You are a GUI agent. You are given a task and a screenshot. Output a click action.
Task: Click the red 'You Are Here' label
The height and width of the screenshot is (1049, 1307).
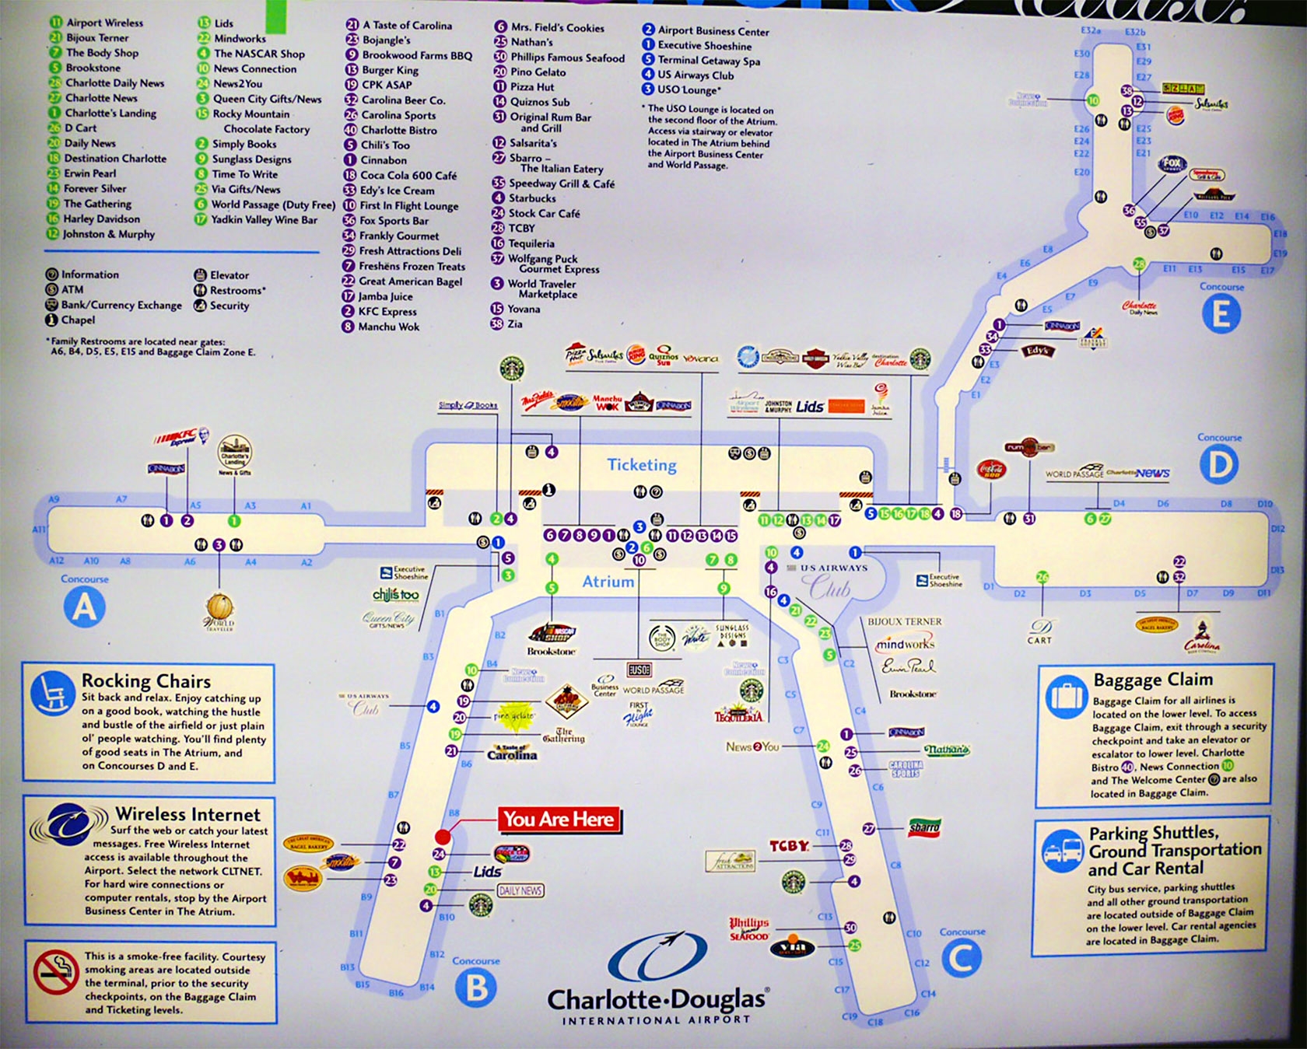click(559, 820)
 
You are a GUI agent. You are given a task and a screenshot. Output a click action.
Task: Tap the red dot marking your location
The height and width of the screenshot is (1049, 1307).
click(443, 837)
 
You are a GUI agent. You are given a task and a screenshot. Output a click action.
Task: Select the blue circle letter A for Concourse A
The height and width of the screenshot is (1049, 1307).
click(84, 606)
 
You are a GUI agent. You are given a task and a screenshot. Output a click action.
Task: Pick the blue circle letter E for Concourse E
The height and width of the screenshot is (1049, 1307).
click(1221, 314)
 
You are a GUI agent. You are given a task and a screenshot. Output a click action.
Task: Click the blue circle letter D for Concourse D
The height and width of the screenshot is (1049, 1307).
click(1218, 465)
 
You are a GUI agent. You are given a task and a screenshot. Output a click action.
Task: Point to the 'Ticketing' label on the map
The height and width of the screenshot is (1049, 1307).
click(642, 465)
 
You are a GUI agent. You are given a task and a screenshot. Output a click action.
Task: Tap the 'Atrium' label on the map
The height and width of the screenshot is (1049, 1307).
click(608, 582)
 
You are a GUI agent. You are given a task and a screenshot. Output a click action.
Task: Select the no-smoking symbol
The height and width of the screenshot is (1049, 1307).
click(56, 972)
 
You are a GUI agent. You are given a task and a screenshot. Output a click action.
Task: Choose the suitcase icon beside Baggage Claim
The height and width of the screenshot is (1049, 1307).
click(1065, 694)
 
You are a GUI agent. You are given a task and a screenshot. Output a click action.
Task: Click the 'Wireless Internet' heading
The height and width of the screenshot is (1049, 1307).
click(187, 814)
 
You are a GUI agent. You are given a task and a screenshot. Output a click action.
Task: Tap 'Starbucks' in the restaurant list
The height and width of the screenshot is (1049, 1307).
click(532, 198)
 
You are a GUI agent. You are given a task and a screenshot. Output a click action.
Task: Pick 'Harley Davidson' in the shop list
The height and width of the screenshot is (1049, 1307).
click(102, 219)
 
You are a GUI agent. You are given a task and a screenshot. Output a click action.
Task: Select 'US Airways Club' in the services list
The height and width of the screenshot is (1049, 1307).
click(696, 75)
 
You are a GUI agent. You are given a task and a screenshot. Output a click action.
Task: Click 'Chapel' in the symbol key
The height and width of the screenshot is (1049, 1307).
click(78, 320)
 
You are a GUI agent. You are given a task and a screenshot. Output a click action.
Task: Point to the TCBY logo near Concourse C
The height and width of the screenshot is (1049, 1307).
click(789, 846)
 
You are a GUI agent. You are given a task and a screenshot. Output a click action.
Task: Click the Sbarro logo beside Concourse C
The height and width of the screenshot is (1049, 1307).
click(924, 827)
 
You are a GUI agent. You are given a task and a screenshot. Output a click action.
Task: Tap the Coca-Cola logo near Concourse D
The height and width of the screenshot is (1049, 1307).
click(991, 469)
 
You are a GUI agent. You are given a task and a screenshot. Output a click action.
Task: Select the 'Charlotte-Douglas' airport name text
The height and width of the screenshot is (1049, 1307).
click(657, 999)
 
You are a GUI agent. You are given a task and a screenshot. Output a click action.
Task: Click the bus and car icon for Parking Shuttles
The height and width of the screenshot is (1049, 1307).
click(1063, 851)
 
